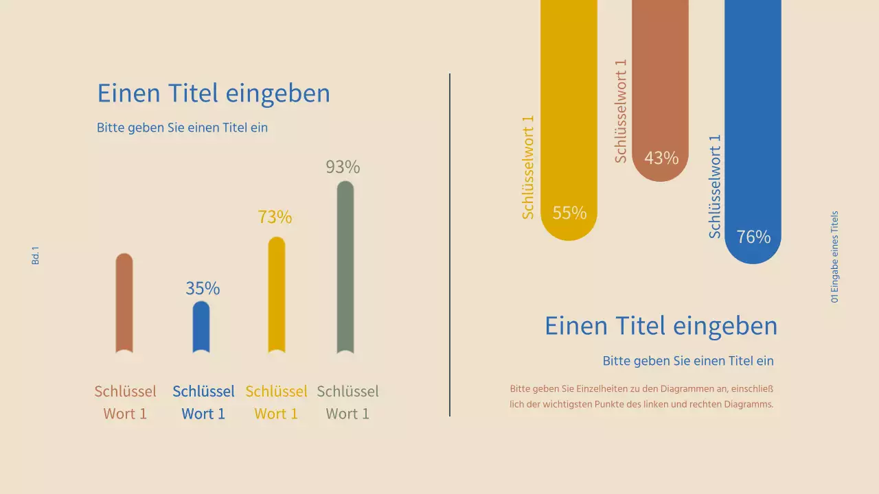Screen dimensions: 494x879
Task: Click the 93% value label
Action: pos(343,167)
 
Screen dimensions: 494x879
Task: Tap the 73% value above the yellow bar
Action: pos(275,217)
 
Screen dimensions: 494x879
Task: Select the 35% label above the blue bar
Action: pos(203,288)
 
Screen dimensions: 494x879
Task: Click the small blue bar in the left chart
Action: pos(201,327)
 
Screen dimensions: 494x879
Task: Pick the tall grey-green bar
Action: pos(345,268)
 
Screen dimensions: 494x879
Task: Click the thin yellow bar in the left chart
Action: pos(276,295)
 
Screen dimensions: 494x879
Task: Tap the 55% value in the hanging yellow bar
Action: pos(569,213)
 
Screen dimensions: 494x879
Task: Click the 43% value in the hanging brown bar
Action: pos(661,158)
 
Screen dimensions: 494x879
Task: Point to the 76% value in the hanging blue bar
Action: pos(753,237)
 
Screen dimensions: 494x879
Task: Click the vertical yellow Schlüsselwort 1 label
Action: pos(528,167)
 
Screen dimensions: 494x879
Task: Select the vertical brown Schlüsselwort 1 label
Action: pos(621,111)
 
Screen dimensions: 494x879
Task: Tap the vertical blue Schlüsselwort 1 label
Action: pos(715,187)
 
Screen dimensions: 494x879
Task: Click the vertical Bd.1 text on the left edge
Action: pos(36,256)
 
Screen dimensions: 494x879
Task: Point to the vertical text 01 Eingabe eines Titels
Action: pos(834,257)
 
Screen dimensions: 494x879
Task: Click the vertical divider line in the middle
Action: pos(450,245)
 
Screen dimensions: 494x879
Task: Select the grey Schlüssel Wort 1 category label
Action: pos(347,402)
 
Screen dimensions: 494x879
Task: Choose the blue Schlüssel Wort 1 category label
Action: pos(203,402)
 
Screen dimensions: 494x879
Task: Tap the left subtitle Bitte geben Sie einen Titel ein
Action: pos(182,128)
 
